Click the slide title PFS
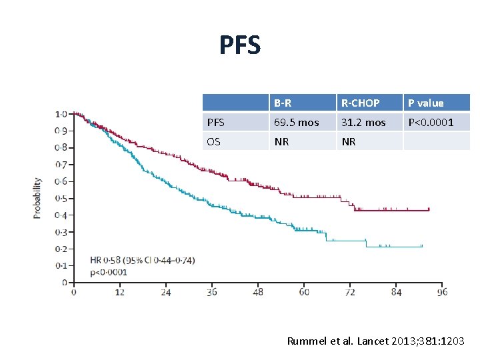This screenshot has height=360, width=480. tap(240, 45)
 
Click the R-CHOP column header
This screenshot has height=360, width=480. tap(360, 103)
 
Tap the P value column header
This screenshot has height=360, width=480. tap(425, 103)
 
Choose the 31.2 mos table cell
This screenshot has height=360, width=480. tap(363, 123)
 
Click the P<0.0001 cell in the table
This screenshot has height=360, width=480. tap(431, 123)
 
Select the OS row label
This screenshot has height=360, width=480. tap(215, 142)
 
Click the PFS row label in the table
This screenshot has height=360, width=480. tap(216, 123)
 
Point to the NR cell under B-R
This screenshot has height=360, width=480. tap(281, 142)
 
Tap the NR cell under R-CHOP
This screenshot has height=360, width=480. tap(348, 142)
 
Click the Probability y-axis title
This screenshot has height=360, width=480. tap(38, 197)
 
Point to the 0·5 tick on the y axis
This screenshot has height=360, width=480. tap(60, 198)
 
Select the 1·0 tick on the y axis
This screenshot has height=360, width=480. tap(60, 114)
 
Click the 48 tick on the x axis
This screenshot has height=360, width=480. tap(257, 292)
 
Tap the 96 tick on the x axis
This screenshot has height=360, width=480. tap(442, 292)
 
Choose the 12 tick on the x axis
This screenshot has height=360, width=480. tap(119, 292)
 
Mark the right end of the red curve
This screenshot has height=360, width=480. tap(429, 210)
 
